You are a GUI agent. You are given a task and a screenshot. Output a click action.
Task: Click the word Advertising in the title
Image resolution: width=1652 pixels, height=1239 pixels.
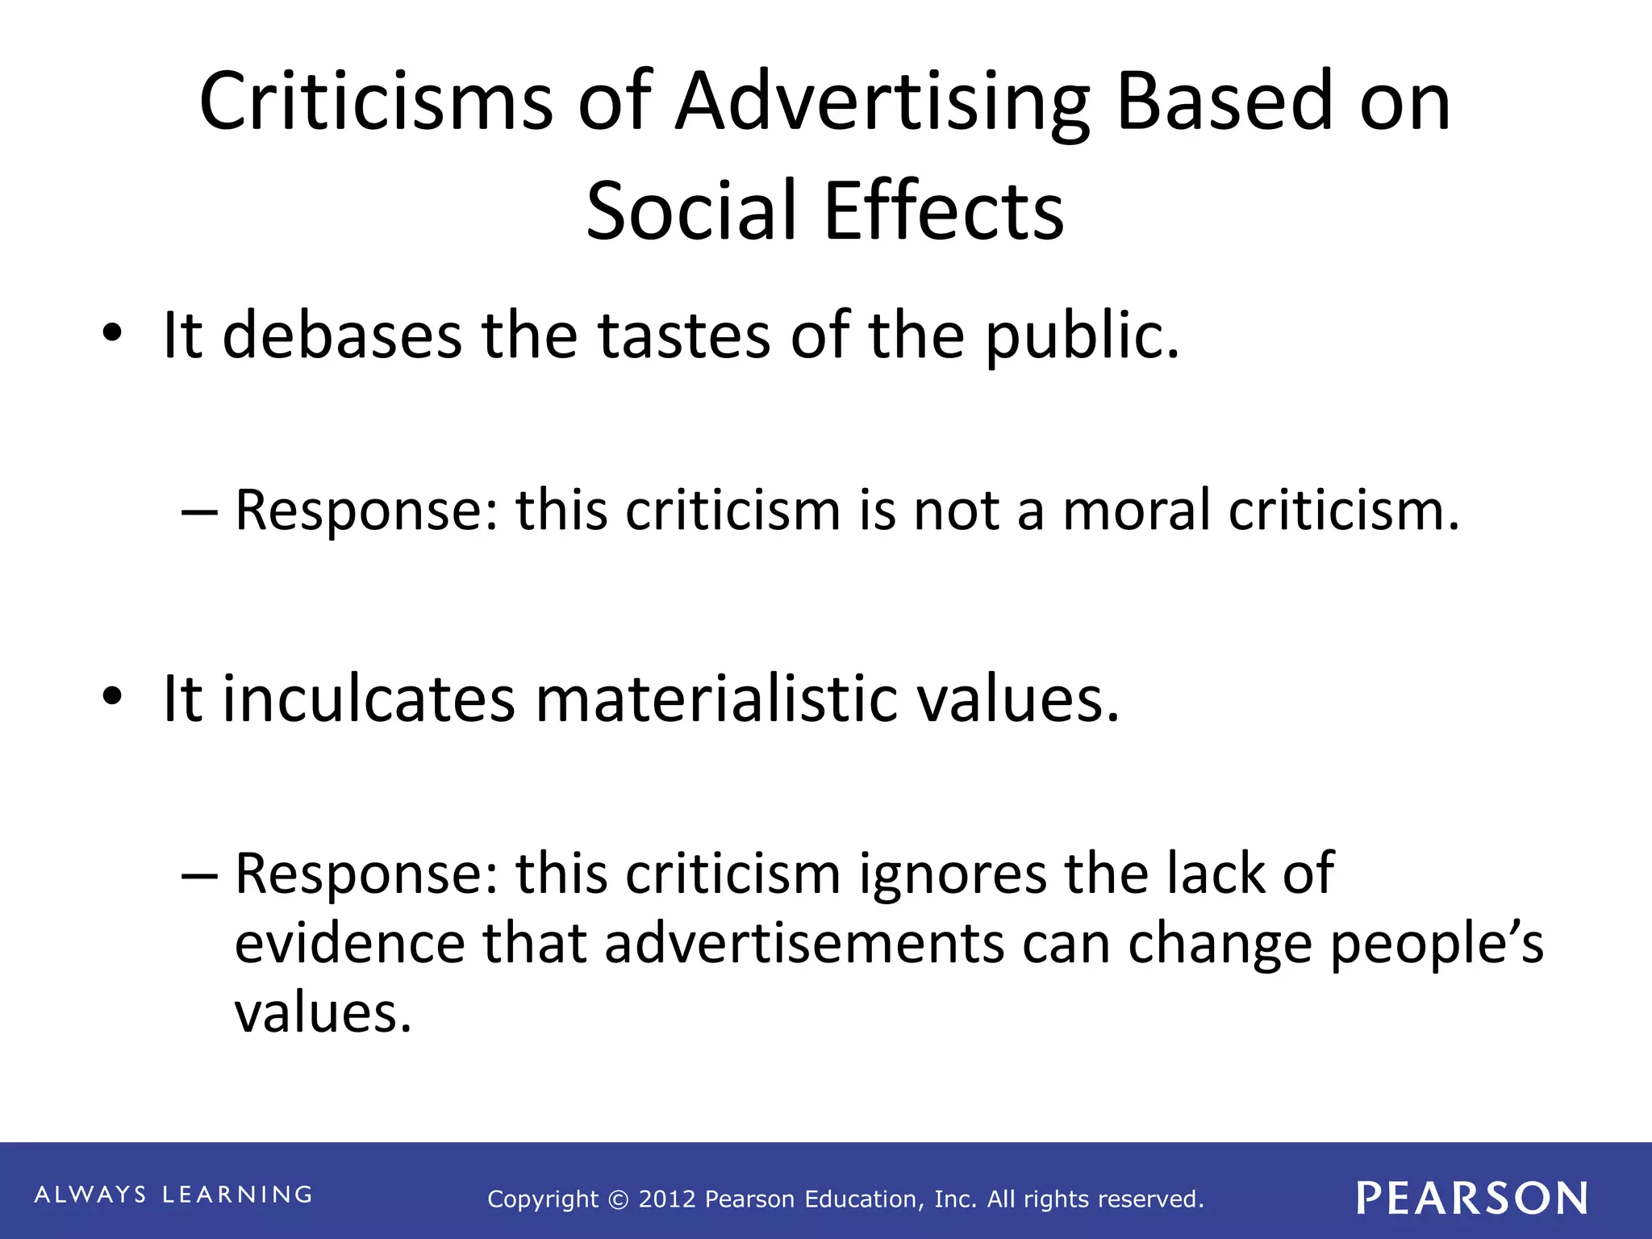pyautogui.click(x=882, y=103)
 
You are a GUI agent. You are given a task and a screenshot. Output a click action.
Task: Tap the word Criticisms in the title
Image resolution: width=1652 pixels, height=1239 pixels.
pyautogui.click(x=375, y=102)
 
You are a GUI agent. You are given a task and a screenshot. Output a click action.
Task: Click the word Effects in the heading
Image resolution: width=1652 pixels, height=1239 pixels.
pyautogui.click(x=944, y=211)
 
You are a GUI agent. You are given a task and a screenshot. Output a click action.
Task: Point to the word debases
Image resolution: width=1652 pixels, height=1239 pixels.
pyautogui.click(x=342, y=336)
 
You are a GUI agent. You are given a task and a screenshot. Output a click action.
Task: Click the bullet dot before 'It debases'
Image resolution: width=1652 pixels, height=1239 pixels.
pyautogui.click(x=112, y=333)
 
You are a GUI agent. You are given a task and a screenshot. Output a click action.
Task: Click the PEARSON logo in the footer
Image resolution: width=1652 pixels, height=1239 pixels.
pyautogui.click(x=1472, y=1199)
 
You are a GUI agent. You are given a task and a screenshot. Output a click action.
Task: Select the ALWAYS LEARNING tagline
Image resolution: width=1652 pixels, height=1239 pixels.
pyautogui.click(x=173, y=1195)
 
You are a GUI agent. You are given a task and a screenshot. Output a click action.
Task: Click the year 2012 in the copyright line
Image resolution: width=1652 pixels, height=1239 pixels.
pyautogui.click(x=666, y=1199)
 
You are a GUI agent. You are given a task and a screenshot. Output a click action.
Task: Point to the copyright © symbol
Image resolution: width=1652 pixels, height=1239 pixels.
pyautogui.click(x=619, y=1200)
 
